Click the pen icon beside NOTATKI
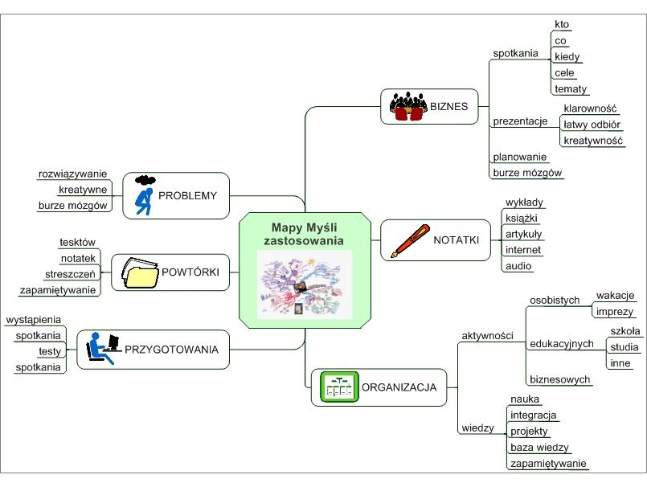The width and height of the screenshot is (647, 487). click(x=407, y=240)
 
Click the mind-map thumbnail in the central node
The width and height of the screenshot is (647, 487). click(x=305, y=284)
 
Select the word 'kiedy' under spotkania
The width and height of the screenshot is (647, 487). click(x=567, y=56)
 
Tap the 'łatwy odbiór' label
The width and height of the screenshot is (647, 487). click(x=592, y=124)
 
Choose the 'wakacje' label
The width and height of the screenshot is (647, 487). click(x=616, y=295)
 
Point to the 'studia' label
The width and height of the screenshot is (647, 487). click(x=624, y=347)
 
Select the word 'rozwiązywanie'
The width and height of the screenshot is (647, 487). click(x=72, y=174)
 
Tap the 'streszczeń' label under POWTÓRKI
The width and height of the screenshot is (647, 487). click(x=70, y=273)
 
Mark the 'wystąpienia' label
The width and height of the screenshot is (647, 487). click(x=33, y=319)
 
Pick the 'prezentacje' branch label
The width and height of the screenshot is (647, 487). click(x=519, y=121)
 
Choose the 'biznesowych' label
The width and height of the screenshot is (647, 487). click(x=559, y=379)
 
